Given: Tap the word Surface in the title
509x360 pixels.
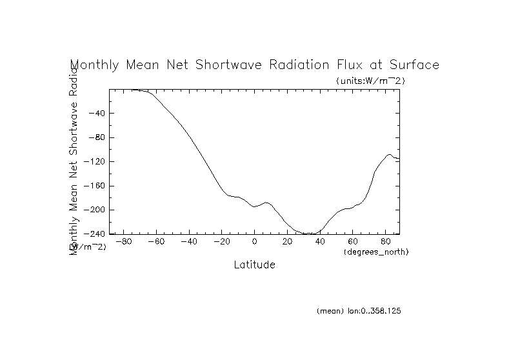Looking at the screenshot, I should pyautogui.click(x=414, y=65).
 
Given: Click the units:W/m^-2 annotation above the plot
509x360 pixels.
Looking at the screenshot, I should pyautogui.click(x=370, y=81).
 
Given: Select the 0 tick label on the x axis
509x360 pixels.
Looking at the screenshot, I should pyautogui.click(x=254, y=242).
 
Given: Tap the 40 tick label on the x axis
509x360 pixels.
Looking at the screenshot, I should pyautogui.click(x=320, y=242).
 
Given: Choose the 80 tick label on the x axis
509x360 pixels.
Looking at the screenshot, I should pyautogui.click(x=386, y=242).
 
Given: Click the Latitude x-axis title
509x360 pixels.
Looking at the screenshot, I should pyautogui.click(x=254, y=265).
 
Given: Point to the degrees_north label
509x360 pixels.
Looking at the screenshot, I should pyautogui.click(x=377, y=252).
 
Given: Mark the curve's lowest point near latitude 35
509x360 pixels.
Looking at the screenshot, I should pyautogui.click(x=311, y=234).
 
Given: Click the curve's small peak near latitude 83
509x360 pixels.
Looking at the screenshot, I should pyautogui.click(x=390, y=154).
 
